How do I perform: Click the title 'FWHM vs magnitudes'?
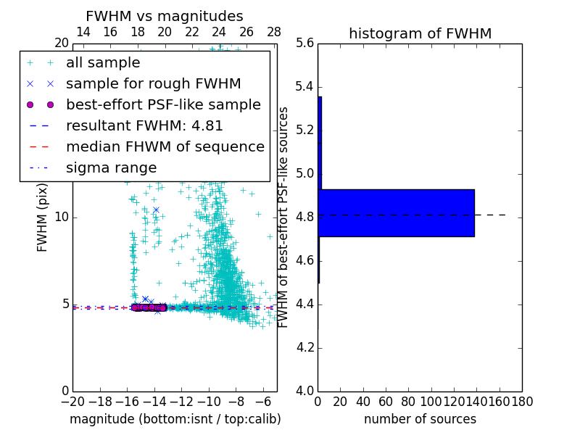(x=165, y=16)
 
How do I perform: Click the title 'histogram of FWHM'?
(x=420, y=33)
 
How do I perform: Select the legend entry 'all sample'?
(x=103, y=63)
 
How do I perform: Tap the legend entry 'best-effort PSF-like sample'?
(x=163, y=104)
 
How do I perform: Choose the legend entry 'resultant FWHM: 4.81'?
(x=144, y=125)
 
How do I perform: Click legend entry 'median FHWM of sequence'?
(x=165, y=146)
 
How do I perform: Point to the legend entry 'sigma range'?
(x=111, y=167)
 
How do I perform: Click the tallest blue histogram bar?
(x=396, y=212)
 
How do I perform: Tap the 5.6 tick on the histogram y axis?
(x=305, y=43)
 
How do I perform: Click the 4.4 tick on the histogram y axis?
(x=305, y=304)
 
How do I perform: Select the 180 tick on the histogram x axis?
(x=522, y=401)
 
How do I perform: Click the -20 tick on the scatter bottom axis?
(x=72, y=401)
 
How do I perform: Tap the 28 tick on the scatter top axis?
(x=274, y=32)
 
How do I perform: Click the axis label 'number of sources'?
(x=420, y=419)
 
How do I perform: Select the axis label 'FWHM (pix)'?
(x=43, y=217)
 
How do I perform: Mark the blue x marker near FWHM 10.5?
(x=156, y=210)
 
